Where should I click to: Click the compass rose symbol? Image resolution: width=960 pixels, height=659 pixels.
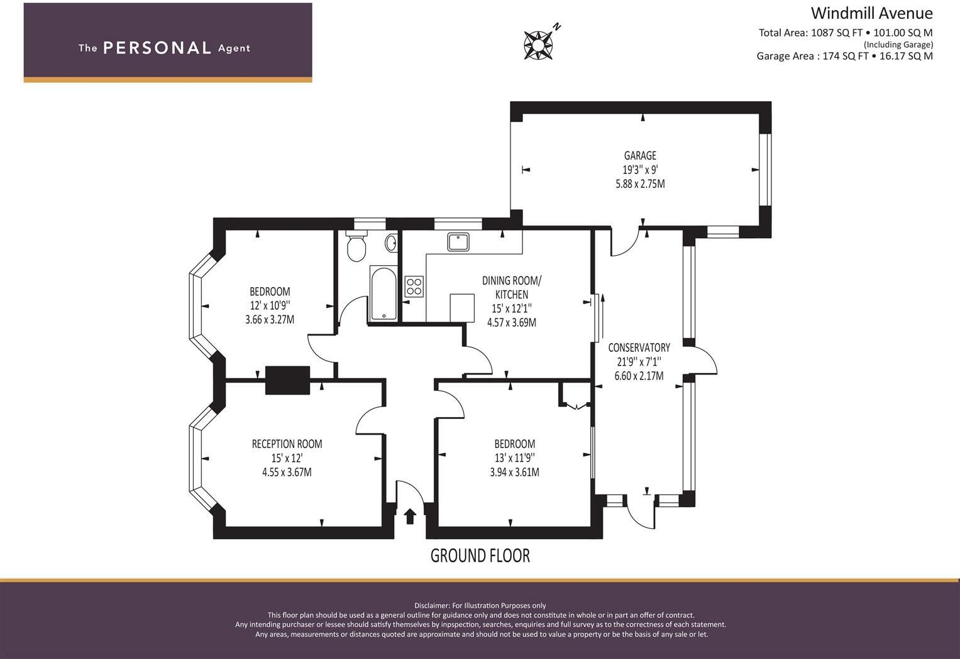tap(538, 45)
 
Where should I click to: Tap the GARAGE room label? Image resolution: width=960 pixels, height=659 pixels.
tap(640, 155)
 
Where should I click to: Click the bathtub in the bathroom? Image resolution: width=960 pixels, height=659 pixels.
tap(383, 293)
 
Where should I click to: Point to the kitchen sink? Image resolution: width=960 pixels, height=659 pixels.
tap(458, 242)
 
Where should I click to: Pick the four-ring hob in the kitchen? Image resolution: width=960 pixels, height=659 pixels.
tap(414, 286)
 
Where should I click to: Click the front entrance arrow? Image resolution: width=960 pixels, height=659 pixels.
tap(410, 516)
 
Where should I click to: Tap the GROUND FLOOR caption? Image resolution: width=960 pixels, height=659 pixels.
tap(480, 556)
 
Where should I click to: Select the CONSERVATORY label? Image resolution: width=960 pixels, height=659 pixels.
tap(639, 347)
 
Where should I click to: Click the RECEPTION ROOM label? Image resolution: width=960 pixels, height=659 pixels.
tap(287, 444)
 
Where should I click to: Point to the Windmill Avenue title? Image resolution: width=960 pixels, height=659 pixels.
tap(872, 13)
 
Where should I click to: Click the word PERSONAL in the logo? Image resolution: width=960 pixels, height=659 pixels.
tap(157, 48)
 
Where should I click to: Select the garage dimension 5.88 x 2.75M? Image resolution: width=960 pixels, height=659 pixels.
tap(640, 184)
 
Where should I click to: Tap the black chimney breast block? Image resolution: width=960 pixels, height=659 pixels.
tap(287, 380)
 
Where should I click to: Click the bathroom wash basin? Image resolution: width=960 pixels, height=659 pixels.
tap(391, 243)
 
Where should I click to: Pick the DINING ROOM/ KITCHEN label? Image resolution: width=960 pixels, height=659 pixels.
tap(512, 287)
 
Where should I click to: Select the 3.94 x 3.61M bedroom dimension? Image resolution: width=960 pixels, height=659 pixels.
tap(514, 472)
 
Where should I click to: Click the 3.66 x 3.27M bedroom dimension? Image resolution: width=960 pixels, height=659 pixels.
tap(270, 320)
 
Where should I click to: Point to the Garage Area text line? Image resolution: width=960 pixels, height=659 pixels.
tap(844, 56)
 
